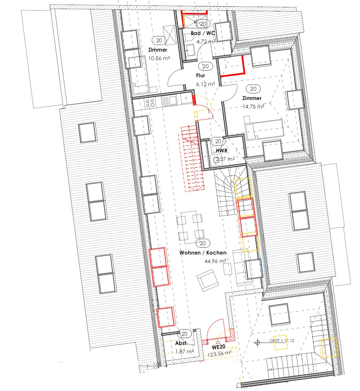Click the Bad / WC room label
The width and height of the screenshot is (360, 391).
203,33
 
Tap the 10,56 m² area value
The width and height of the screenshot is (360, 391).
159,58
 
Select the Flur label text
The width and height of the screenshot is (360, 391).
200,76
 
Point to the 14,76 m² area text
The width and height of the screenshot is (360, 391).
253,107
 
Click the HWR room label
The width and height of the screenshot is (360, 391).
222,151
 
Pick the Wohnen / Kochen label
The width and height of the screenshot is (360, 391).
203,253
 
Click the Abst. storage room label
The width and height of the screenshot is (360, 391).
181,343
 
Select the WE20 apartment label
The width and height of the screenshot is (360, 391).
218,347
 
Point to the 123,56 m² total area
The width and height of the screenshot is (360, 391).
219,354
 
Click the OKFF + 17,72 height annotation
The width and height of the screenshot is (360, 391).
282,341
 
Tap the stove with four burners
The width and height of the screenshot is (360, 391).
150,102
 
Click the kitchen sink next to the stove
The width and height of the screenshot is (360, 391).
169,101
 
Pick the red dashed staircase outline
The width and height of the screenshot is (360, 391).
192,157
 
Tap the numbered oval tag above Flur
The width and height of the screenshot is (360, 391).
205,66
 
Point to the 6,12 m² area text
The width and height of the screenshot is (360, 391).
205,84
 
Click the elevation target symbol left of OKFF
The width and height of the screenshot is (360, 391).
257,343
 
